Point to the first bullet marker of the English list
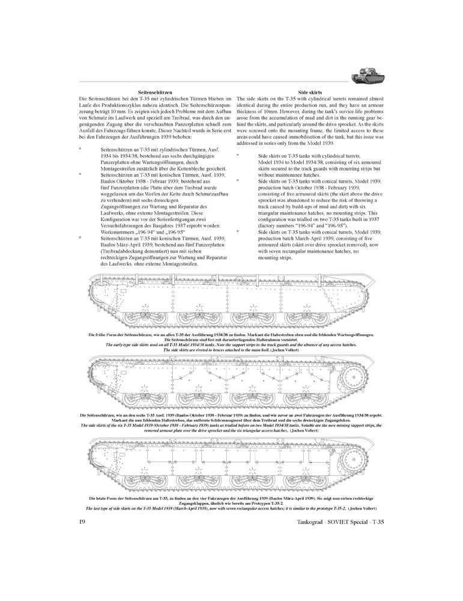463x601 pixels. pos(239,154)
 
